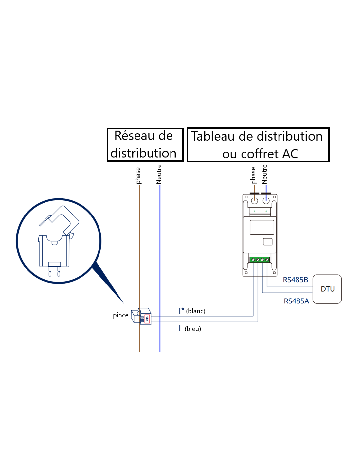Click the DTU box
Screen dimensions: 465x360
(x=327, y=289)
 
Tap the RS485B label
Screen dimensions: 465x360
(x=295, y=280)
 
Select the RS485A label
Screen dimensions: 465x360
(x=296, y=301)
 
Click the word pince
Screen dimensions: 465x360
(x=120, y=315)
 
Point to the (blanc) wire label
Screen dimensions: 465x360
(x=195, y=311)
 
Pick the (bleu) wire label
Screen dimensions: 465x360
(x=193, y=329)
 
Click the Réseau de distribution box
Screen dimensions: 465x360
(x=145, y=145)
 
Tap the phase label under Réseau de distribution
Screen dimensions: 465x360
(x=138, y=176)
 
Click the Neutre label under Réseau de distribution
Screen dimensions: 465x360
(x=159, y=174)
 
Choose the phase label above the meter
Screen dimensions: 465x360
(x=253, y=176)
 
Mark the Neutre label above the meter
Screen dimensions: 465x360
(x=265, y=174)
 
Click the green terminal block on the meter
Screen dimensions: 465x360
(x=260, y=260)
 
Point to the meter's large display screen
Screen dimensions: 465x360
(x=262, y=227)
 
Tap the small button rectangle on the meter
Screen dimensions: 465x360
(x=268, y=242)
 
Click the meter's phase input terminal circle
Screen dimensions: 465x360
(x=254, y=201)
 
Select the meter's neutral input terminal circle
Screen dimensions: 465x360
(x=266, y=201)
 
